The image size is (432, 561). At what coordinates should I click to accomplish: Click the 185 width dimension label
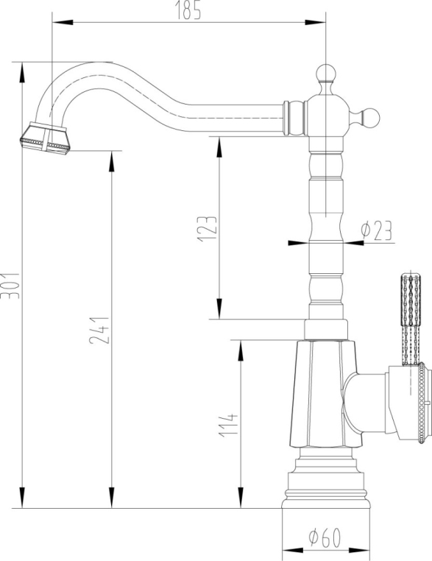pyautogui.click(x=188, y=10)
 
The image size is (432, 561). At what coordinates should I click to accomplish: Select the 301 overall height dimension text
pyautogui.click(x=10, y=286)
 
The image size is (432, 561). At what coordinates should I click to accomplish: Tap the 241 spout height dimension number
pyautogui.click(x=99, y=330)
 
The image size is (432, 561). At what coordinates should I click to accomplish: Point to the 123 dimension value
pyautogui.click(x=208, y=229)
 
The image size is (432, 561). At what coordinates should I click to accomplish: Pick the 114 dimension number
pyautogui.click(x=228, y=425)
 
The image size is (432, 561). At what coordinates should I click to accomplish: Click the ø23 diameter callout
pyautogui.click(x=377, y=230)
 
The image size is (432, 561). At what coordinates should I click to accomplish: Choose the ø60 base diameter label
pyautogui.click(x=325, y=537)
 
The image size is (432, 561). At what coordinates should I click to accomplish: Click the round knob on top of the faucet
pyautogui.click(x=326, y=74)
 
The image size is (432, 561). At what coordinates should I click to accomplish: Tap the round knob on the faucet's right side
pyautogui.click(x=370, y=118)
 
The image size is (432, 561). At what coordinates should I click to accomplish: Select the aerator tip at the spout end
pyautogui.click(x=45, y=138)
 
